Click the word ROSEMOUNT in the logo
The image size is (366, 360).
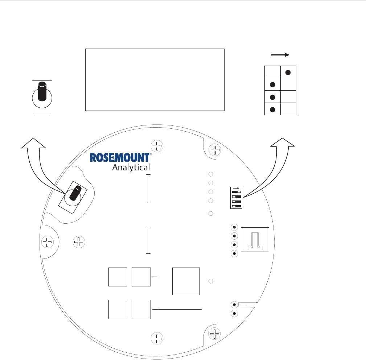pyautogui.click(x=120, y=157)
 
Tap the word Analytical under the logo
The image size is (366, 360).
pyautogui.click(x=131, y=167)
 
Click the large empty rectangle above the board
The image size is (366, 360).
pyautogui.click(x=155, y=79)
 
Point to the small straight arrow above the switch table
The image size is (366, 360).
pyautogui.click(x=280, y=55)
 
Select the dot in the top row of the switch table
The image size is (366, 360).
pyautogui.click(x=288, y=72)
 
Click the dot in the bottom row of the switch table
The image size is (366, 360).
pyautogui.click(x=272, y=109)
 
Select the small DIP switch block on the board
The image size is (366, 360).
pyautogui.click(x=236, y=198)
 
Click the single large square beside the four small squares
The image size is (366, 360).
pyautogui.click(x=186, y=281)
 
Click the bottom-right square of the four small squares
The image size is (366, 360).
pyautogui.click(x=141, y=309)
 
